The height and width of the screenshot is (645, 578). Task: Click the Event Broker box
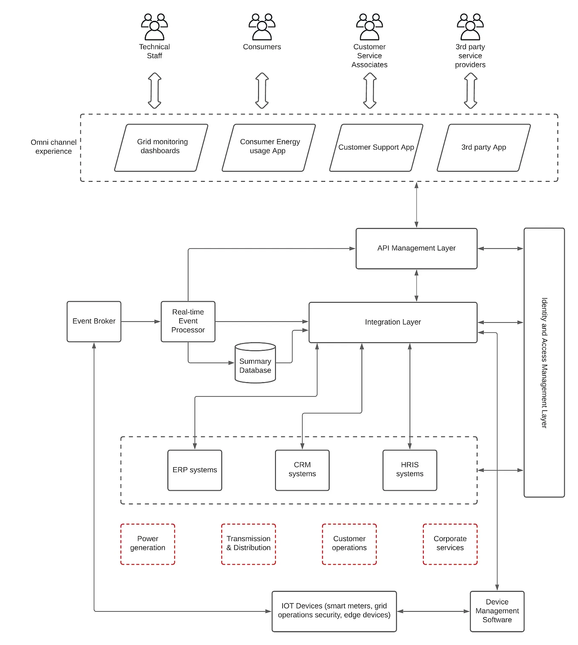(x=94, y=321)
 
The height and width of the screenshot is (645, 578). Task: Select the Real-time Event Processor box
(x=188, y=321)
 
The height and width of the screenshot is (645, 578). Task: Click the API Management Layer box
(x=416, y=248)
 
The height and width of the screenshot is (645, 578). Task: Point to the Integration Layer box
(x=392, y=322)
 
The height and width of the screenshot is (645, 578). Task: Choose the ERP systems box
(x=195, y=470)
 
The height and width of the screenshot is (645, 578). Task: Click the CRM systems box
(x=302, y=470)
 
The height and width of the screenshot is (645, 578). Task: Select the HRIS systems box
(x=409, y=470)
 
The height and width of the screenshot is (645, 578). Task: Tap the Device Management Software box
(x=497, y=611)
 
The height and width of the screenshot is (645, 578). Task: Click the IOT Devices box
(x=334, y=611)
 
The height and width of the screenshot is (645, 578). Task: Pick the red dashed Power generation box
(x=147, y=544)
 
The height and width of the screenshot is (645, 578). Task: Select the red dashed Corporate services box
(x=450, y=544)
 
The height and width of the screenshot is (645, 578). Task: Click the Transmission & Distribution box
(x=248, y=544)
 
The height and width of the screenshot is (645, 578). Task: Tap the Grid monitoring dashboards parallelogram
(x=161, y=147)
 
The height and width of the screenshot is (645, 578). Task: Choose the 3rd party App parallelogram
(x=484, y=147)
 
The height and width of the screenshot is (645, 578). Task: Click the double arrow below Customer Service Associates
(x=369, y=91)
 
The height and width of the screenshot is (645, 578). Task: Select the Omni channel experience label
(x=54, y=147)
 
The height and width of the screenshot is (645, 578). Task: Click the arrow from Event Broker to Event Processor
(x=140, y=322)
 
